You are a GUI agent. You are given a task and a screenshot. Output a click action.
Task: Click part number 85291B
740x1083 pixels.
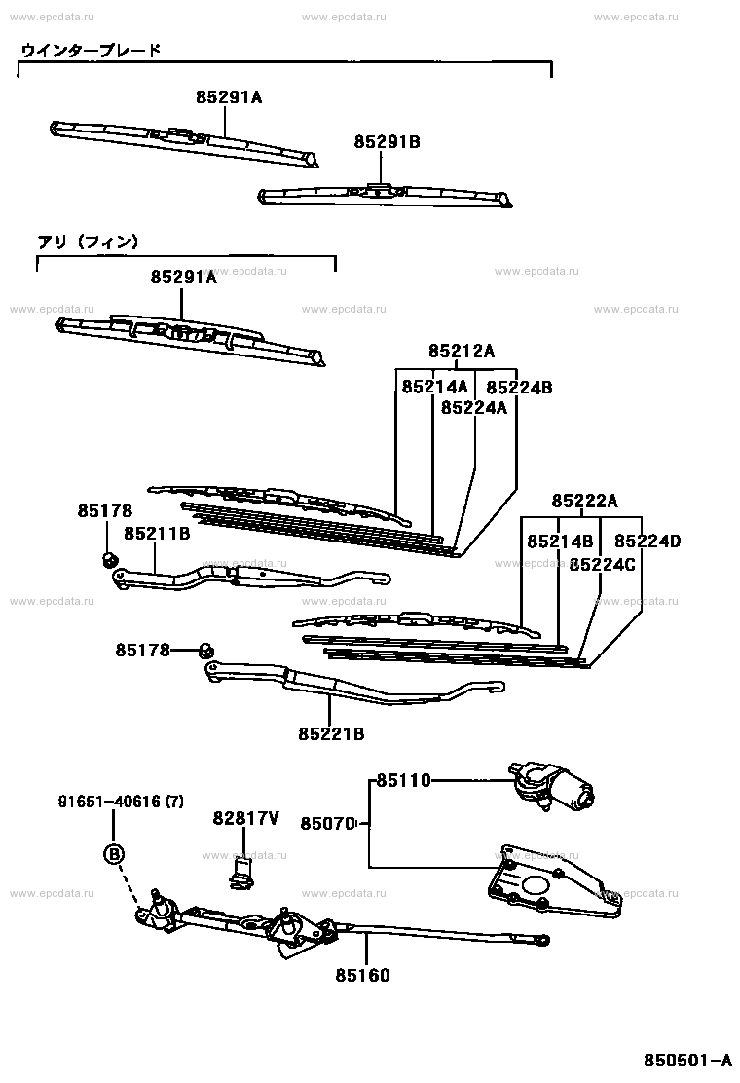(x=387, y=142)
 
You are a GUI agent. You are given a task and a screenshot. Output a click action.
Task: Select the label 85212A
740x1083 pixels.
(x=462, y=352)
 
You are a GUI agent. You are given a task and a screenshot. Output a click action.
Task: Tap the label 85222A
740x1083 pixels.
(x=584, y=501)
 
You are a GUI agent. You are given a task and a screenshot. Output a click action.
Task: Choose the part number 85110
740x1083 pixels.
(x=403, y=780)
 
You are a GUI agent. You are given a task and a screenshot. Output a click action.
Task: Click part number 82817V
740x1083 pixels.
(x=245, y=818)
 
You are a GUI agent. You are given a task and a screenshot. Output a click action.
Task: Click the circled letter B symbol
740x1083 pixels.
(x=114, y=854)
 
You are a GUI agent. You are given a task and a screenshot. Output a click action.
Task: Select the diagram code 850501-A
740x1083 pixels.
(x=687, y=1060)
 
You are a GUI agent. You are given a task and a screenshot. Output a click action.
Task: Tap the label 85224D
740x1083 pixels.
(x=647, y=541)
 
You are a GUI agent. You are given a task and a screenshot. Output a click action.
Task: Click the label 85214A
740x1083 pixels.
(x=434, y=387)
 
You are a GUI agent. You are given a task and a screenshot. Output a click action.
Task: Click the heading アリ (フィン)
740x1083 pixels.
(x=88, y=242)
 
